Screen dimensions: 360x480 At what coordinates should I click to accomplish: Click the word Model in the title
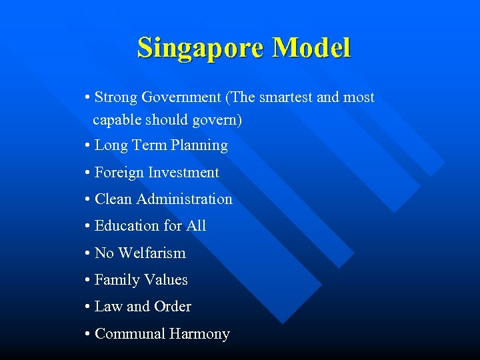(311, 48)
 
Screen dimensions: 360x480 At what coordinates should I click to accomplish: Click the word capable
(116, 121)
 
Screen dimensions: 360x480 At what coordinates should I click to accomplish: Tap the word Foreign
(119, 172)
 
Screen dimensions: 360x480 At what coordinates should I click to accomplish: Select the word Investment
(183, 172)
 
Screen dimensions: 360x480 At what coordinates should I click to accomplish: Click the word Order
(173, 307)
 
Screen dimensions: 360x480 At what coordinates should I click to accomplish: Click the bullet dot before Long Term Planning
(88, 146)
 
